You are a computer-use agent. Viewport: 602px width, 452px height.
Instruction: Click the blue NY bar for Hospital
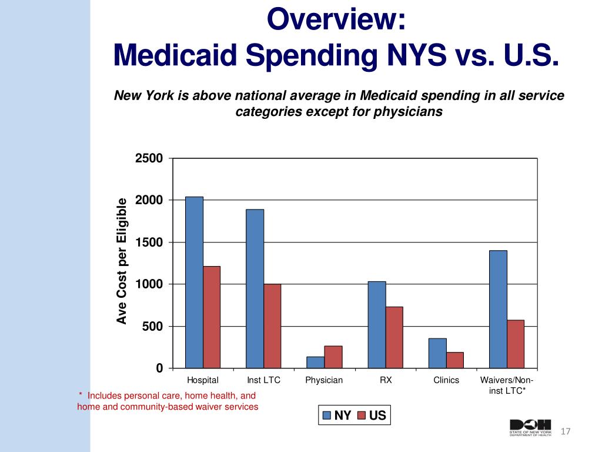coord(194,282)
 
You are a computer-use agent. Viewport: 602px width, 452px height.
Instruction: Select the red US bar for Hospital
coord(212,317)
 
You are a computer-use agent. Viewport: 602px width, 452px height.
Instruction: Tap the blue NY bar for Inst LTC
coord(255,288)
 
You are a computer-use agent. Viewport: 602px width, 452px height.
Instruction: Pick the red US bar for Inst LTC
coord(272,326)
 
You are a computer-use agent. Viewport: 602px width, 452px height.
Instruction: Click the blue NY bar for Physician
coord(316,362)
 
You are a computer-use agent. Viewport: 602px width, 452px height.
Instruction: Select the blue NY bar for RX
coord(377,325)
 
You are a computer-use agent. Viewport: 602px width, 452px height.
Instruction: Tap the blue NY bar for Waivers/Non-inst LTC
coord(498,309)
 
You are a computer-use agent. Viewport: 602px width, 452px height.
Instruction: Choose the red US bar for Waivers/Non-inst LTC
coord(516,344)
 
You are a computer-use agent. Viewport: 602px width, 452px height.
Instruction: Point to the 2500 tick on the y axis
coord(149,159)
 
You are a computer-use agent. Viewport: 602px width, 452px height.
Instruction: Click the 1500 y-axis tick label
coord(149,242)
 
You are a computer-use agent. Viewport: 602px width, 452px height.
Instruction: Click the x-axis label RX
coord(386,380)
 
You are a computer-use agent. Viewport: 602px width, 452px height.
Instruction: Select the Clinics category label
coord(446,380)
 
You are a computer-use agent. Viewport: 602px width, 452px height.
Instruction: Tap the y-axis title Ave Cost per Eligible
coord(122,261)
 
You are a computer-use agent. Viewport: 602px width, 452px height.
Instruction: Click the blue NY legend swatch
coord(326,416)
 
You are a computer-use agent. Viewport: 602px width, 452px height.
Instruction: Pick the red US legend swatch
coord(362,416)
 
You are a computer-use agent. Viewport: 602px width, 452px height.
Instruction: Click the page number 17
coord(566,432)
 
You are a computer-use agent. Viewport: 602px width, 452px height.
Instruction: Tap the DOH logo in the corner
coord(531,428)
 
